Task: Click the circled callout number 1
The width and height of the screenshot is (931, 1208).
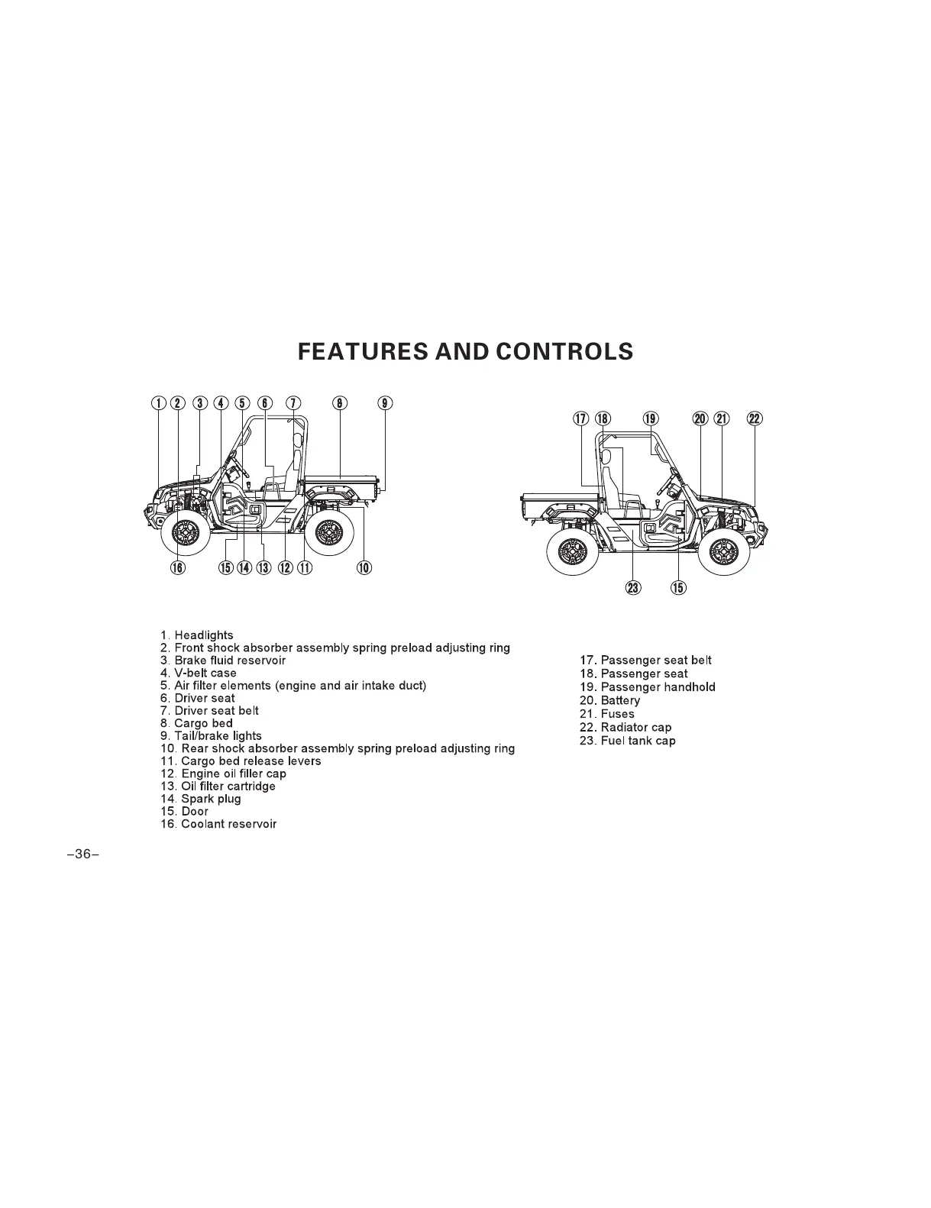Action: point(158,403)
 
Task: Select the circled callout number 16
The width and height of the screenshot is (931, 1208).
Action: point(177,567)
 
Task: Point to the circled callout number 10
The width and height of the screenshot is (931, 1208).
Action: point(364,567)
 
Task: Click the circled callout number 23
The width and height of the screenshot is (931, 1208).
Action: point(633,586)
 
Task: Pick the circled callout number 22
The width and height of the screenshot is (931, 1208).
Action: point(754,418)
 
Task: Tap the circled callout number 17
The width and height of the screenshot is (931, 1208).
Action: point(581,418)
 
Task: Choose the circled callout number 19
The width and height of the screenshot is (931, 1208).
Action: point(651,418)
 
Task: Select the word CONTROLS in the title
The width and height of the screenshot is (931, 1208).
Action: point(564,351)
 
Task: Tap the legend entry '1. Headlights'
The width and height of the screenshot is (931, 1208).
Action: point(197,635)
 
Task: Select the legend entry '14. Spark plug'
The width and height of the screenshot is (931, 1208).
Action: point(201,799)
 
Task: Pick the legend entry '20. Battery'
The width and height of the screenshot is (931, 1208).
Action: point(609,700)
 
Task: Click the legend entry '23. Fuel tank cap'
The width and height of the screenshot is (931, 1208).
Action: point(627,741)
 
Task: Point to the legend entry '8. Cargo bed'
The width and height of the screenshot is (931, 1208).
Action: point(196,723)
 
